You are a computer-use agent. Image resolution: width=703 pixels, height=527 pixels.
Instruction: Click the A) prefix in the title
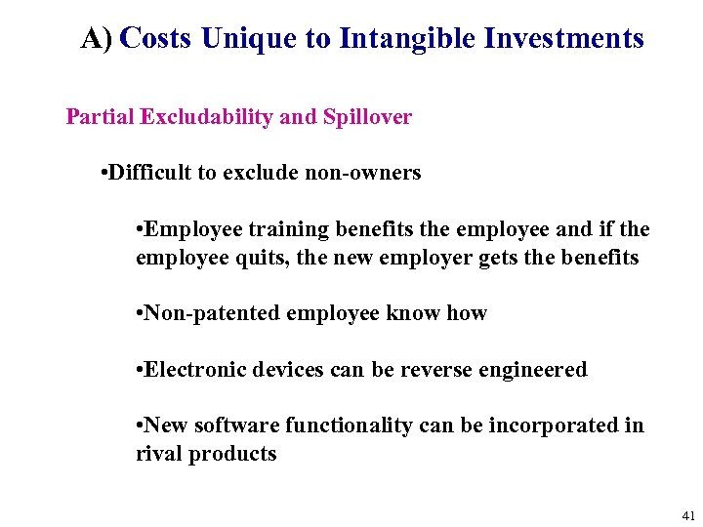pos(98,38)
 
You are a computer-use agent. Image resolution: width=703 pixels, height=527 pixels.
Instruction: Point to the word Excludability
pos(207,118)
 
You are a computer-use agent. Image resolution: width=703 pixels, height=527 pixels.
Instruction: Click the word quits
pos(257,258)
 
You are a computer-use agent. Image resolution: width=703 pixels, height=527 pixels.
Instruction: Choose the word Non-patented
pos(205,313)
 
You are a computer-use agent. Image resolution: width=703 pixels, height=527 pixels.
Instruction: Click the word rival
pos(157,454)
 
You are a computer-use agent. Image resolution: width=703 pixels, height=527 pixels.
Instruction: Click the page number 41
pos(689,515)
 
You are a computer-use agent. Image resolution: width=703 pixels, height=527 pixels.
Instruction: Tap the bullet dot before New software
pos(141,426)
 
